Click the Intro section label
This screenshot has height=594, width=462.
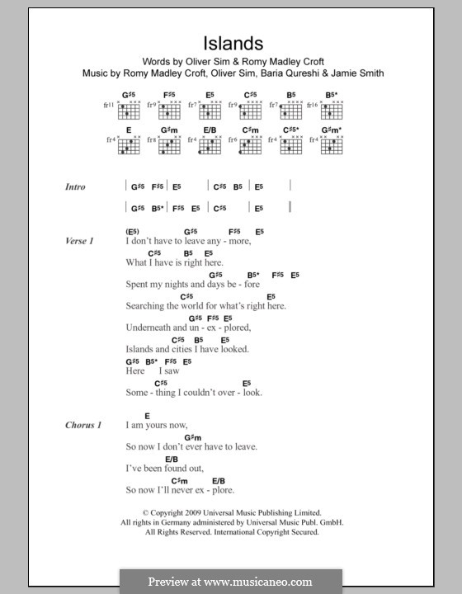tap(75, 187)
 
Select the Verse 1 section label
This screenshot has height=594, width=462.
tap(79, 240)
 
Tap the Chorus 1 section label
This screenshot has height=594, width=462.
tap(83, 425)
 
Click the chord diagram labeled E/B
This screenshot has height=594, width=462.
tap(208, 146)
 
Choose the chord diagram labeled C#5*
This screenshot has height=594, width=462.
tap(290, 146)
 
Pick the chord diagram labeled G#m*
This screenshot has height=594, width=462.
tap(331, 146)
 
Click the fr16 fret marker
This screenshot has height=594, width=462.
tap(314, 106)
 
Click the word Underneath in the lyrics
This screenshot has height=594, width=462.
tap(153, 327)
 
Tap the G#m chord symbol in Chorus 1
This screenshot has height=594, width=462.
tap(193, 436)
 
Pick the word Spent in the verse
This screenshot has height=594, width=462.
tap(139, 284)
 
